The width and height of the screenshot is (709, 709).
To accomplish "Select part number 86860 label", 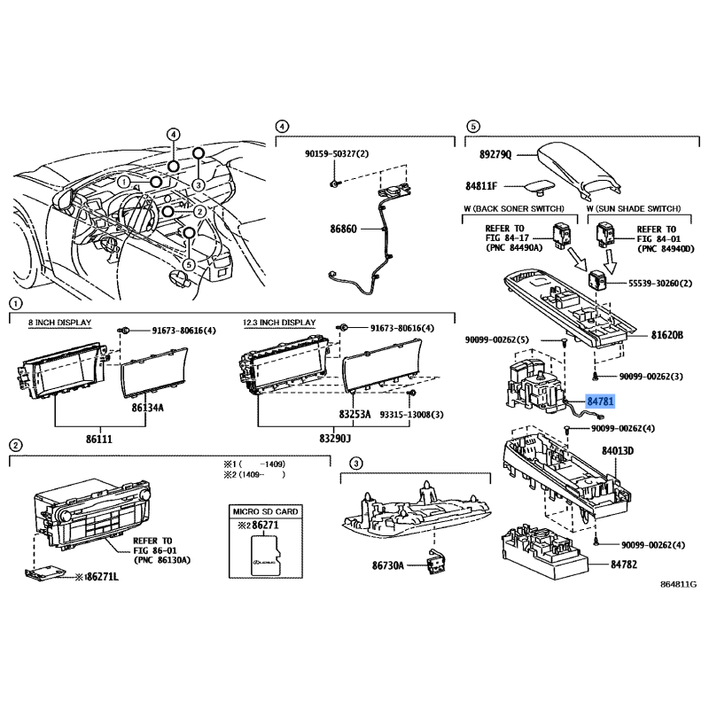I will point(341,229).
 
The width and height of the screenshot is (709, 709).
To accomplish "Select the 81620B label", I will point(666,336).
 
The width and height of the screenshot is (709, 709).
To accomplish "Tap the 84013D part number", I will point(619,451).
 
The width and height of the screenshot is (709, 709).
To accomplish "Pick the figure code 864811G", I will point(678,586).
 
